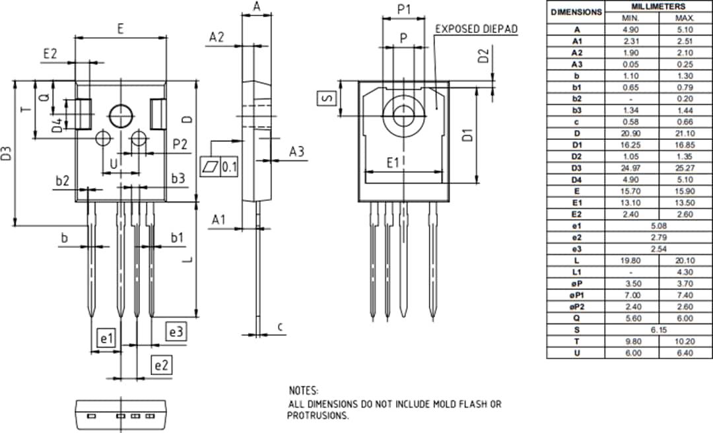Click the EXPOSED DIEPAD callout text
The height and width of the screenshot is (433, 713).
[x=476, y=29]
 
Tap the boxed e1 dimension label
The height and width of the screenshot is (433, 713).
[x=106, y=339]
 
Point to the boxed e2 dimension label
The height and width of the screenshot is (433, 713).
[x=162, y=364]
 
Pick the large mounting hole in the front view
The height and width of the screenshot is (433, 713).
[x=121, y=116]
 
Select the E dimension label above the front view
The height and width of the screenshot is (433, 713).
[x=120, y=28]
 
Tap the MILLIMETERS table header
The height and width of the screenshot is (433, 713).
[x=658, y=6]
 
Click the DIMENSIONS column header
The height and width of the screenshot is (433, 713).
[x=576, y=12]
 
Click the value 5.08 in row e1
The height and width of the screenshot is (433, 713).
[x=658, y=225]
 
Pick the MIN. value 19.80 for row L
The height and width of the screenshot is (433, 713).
[x=632, y=260]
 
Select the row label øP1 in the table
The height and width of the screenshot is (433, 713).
[x=576, y=295]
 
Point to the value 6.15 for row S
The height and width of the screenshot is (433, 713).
[x=658, y=330]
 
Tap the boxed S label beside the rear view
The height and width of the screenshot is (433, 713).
[x=327, y=98]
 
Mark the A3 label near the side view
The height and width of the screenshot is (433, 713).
[x=296, y=152]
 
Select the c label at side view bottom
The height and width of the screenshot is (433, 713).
[x=280, y=326]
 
